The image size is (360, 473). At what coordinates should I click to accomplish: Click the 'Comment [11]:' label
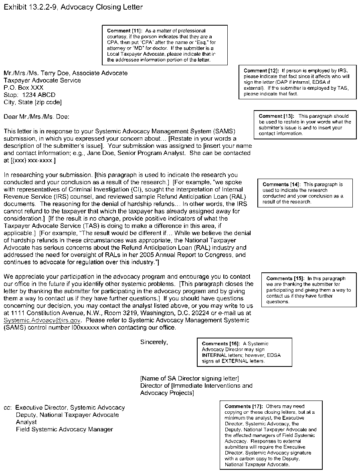coord(121,31)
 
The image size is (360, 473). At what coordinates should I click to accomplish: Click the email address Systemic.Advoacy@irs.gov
coord(42,320)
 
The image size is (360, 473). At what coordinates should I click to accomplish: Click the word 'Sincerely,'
coord(154,342)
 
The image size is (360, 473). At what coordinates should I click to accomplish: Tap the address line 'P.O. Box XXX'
coord(23,88)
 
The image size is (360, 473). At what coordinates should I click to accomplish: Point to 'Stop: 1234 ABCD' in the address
coord(29,95)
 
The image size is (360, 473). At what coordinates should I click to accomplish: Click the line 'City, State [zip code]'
coord(32,102)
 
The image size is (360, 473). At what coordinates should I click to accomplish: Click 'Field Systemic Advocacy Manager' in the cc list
coord(64,429)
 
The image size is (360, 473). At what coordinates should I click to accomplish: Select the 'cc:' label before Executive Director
coord(8,408)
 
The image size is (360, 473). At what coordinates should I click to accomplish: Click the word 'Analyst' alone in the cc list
coord(26,422)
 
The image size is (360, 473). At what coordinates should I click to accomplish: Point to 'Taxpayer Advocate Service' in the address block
coord(42,81)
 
